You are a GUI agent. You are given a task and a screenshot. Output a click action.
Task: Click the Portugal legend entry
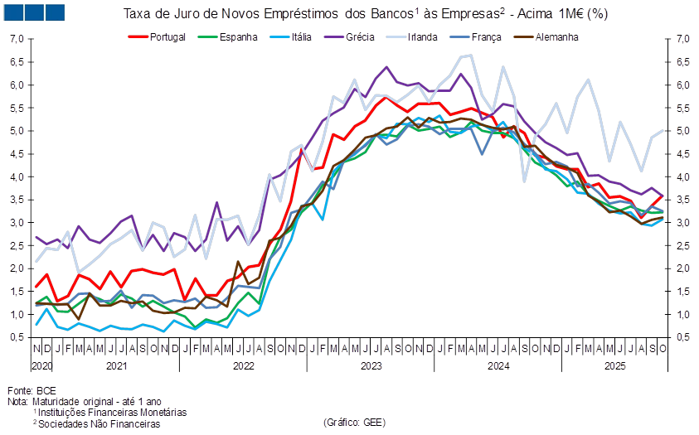coord(167,36)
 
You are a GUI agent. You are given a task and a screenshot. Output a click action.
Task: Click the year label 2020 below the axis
coord(41,365)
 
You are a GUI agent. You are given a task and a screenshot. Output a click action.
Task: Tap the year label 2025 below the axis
coord(614,365)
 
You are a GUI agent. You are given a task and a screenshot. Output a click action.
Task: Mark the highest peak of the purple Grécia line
coord(387,67)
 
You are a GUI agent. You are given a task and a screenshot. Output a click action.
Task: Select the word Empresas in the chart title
coord(455,13)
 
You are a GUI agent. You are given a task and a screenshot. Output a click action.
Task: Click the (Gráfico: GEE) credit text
coord(352,423)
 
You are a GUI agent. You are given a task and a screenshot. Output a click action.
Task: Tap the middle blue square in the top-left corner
coord(35,12)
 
